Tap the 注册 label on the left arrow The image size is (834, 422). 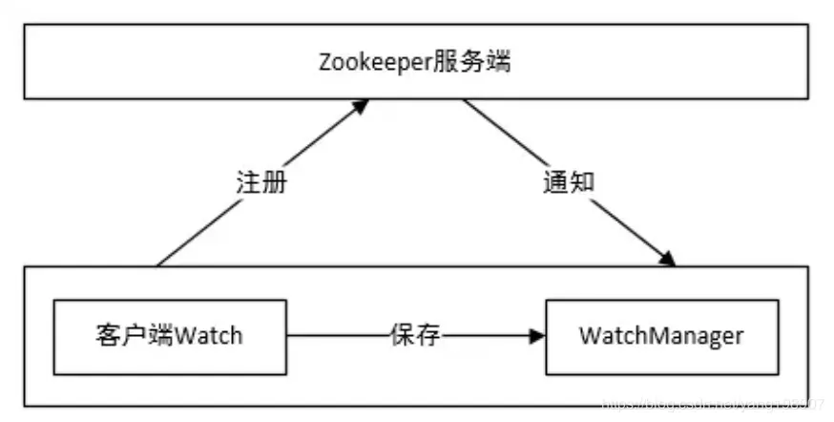click(x=261, y=182)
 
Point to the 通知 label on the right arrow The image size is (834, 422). click(x=569, y=182)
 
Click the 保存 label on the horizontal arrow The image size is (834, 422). click(x=416, y=335)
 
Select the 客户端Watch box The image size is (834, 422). click(x=170, y=336)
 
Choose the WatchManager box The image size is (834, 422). click(x=660, y=336)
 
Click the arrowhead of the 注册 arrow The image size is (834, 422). click(x=360, y=106)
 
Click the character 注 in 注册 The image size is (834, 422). click(x=248, y=182)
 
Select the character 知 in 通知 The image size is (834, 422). click(x=581, y=182)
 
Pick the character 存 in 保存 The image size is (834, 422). click(x=429, y=335)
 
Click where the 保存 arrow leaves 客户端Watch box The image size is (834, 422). click(x=287, y=336)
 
